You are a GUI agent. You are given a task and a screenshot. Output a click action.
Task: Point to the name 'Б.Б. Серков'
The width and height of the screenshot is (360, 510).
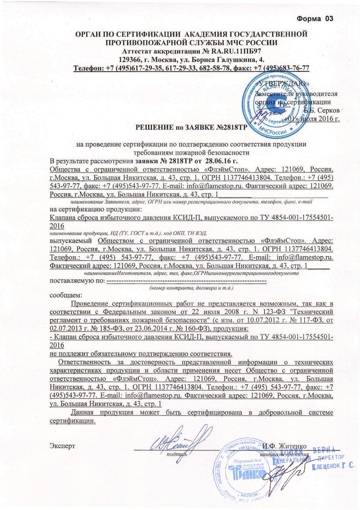(321, 110)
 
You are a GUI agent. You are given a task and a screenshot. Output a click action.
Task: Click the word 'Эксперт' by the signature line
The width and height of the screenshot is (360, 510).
(63, 446)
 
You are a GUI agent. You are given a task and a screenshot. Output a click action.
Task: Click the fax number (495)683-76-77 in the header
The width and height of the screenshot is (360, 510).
(285, 68)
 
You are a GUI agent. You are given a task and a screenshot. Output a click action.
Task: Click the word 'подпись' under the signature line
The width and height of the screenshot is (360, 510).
(177, 454)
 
